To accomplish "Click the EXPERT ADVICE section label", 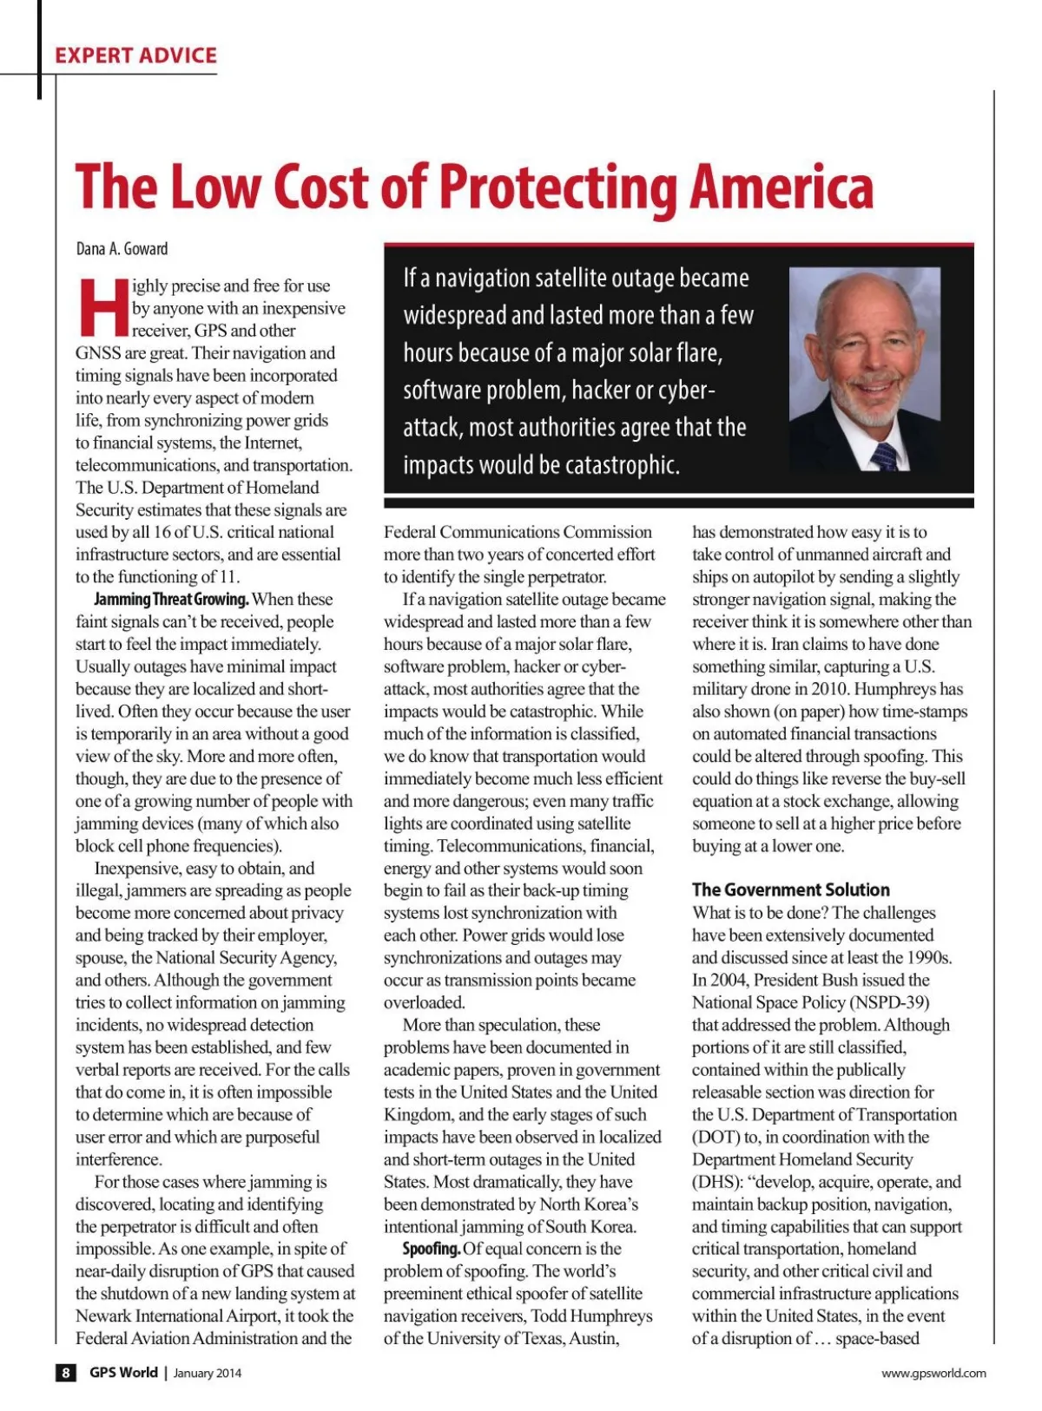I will [135, 56].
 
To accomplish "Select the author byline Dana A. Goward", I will [122, 249].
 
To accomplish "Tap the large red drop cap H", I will [102, 307].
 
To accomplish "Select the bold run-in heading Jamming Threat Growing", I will [171, 600].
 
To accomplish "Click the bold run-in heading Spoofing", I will [431, 1249].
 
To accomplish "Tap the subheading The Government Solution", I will [790, 889].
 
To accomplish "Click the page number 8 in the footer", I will [66, 1373].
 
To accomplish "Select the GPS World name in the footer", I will [123, 1373].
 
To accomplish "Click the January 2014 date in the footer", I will [208, 1374].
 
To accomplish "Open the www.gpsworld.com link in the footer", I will [933, 1373].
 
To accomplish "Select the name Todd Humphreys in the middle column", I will [591, 1316].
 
